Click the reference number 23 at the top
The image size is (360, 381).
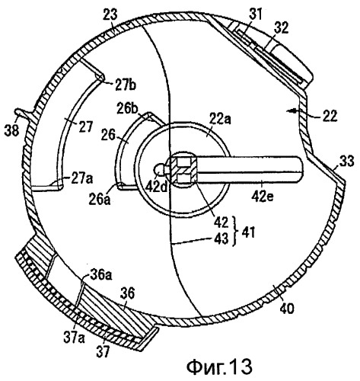[x=111, y=15]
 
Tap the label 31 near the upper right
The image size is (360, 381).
[x=256, y=14]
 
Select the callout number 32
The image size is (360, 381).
[x=281, y=28]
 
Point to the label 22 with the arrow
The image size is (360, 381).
[x=330, y=116]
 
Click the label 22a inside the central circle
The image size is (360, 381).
[x=220, y=119]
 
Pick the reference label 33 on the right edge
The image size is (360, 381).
[x=346, y=161]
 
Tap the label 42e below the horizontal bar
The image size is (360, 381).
[x=262, y=197]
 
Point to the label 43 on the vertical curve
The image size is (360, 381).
[x=221, y=239]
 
